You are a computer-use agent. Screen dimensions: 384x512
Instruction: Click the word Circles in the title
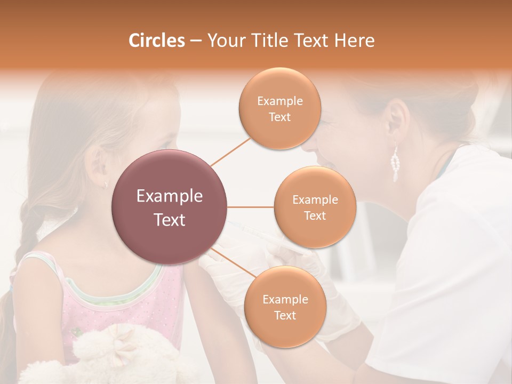pyautogui.click(x=157, y=41)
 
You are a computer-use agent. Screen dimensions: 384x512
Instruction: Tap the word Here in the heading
pyautogui.click(x=354, y=41)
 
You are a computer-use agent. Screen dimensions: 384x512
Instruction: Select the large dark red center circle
pyautogui.click(x=170, y=207)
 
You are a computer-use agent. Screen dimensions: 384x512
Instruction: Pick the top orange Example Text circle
pyautogui.click(x=279, y=108)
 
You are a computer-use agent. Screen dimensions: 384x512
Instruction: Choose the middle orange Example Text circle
pyautogui.click(x=315, y=207)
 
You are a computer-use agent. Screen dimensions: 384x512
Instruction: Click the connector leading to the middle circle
pyautogui.click(x=251, y=207)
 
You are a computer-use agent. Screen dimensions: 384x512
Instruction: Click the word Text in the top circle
pyautogui.click(x=279, y=117)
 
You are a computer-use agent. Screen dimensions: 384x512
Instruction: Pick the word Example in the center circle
pyautogui.click(x=170, y=196)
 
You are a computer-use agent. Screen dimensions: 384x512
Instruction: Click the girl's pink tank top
pyautogui.click(x=123, y=309)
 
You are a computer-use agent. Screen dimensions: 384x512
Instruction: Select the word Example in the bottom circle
pyautogui.click(x=285, y=299)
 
